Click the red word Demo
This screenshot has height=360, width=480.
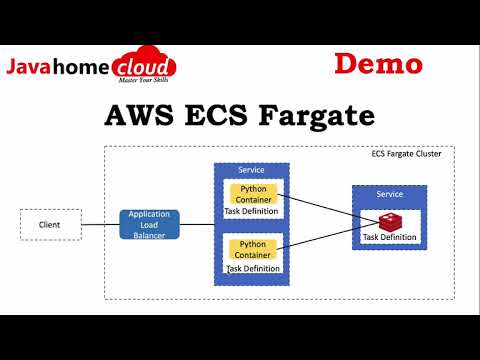tap(378, 64)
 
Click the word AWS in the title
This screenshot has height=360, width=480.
tap(136, 115)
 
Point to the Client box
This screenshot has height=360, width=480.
tap(50, 224)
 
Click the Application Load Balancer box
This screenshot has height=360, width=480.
tap(149, 224)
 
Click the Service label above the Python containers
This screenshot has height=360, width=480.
tap(251, 171)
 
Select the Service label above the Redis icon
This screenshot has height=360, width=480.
tap(389, 193)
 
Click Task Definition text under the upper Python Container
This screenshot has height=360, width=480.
tap(252, 211)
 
